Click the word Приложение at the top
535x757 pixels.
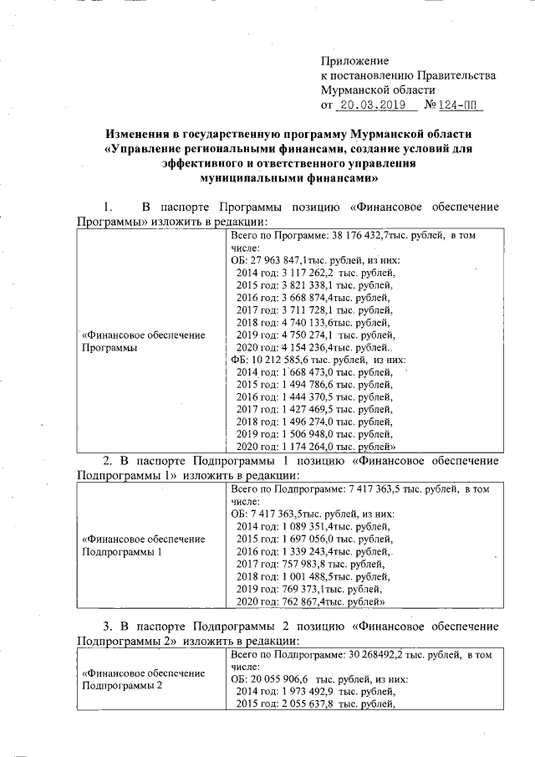tap(355, 61)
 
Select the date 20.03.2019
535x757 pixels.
tap(376, 105)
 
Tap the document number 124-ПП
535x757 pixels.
tap(461, 105)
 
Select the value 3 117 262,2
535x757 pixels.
tap(308, 273)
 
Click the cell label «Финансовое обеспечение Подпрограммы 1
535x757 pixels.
tap(143, 545)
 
